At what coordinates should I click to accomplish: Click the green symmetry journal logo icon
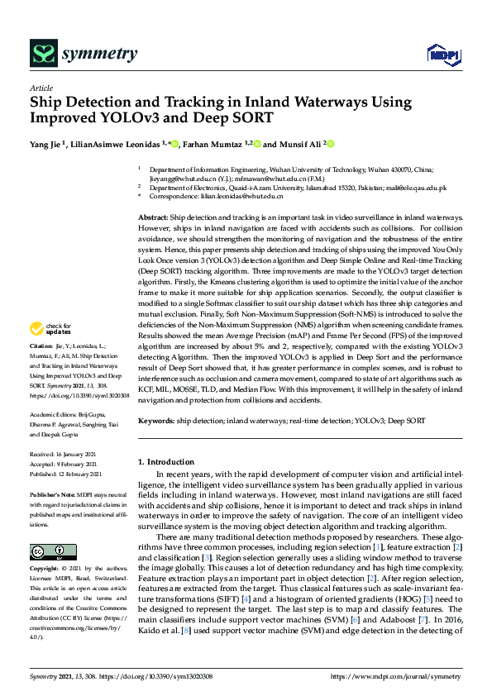click(42, 55)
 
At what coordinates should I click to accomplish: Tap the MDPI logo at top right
click(443, 55)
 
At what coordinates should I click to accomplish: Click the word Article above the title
click(41, 88)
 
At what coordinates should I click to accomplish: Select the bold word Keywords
click(156, 421)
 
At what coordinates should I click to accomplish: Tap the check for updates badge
click(52, 350)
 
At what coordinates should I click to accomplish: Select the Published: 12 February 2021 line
click(65, 474)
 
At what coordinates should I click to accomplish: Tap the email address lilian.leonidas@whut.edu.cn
click(245, 196)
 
